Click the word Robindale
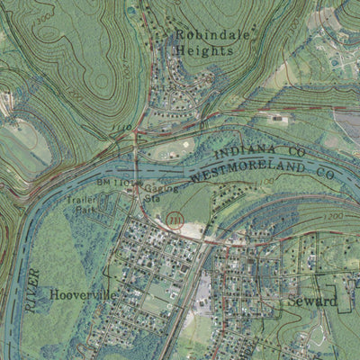[213, 36]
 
